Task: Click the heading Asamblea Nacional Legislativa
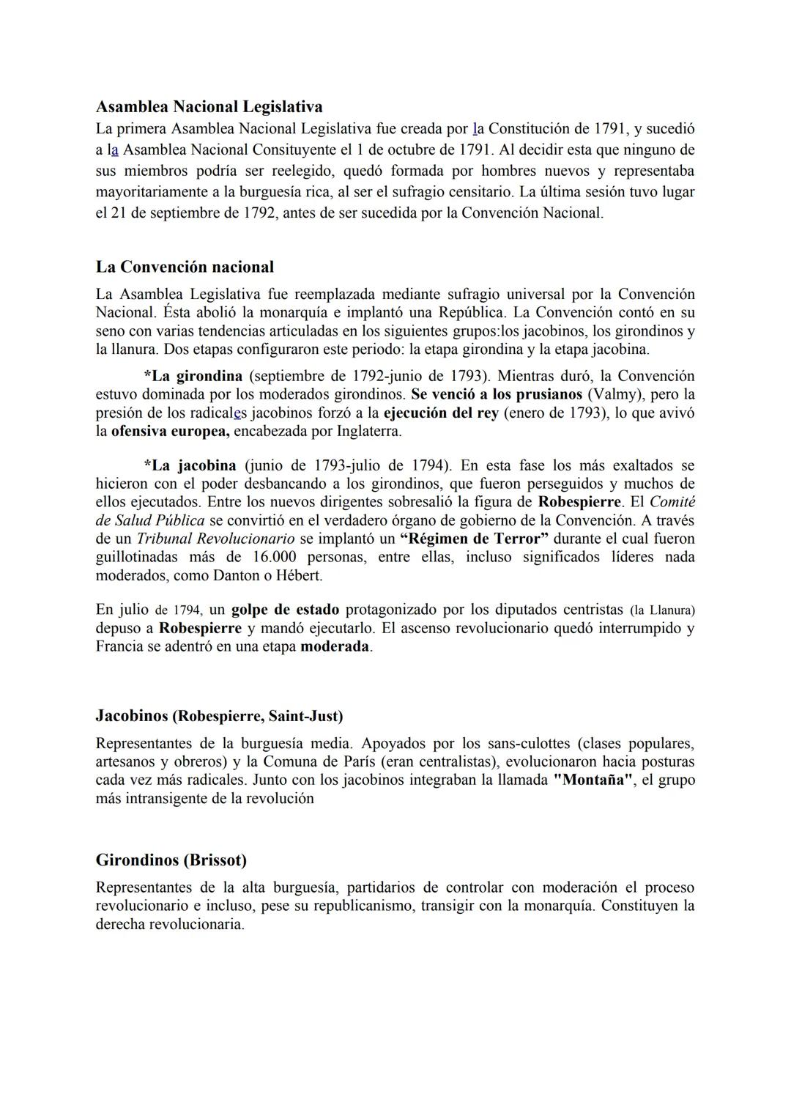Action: tap(209, 107)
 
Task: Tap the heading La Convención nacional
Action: tap(185, 267)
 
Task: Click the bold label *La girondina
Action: tap(193, 377)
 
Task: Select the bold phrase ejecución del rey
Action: tap(441, 413)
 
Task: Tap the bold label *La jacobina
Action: tap(190, 466)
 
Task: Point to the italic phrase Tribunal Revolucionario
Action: tap(215, 539)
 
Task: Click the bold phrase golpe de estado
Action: tap(285, 610)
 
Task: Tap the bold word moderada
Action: tap(335, 648)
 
